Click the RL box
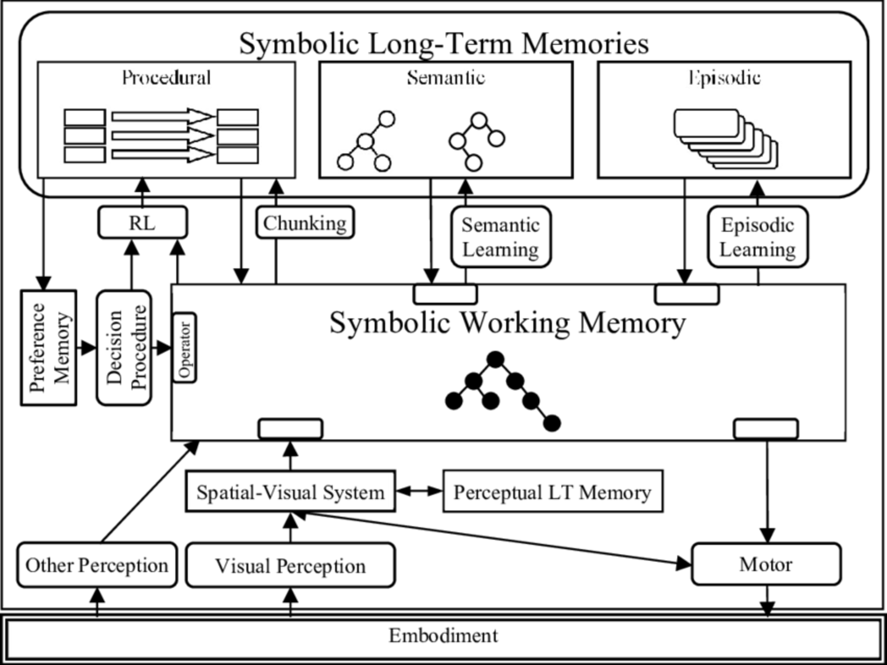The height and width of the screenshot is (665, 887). click(142, 222)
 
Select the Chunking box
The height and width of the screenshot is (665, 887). click(305, 222)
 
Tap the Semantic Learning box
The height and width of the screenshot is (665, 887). click(500, 237)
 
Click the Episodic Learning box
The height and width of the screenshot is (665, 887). click(757, 237)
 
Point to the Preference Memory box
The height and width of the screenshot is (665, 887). click(49, 348)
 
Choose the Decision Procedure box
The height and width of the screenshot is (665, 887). click(124, 348)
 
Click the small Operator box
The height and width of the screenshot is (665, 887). click(185, 348)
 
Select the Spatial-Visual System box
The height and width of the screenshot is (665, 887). click(290, 492)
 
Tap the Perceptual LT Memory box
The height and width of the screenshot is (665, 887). click(553, 492)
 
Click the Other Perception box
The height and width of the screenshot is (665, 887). click(97, 565)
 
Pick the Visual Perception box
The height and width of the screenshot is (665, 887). click(290, 565)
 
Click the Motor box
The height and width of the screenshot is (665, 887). click(766, 564)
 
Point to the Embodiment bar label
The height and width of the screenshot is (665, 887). click(443, 635)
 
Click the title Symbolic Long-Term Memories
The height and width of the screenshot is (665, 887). click(443, 43)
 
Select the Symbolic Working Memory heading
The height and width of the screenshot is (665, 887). click(507, 322)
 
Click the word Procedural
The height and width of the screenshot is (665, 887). click(166, 78)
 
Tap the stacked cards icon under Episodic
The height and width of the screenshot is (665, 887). click(725, 138)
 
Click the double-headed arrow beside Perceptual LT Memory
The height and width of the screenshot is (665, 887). click(419, 491)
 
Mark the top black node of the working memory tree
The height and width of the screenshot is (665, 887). click(495, 359)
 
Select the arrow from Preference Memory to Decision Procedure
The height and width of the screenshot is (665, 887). click(87, 348)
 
